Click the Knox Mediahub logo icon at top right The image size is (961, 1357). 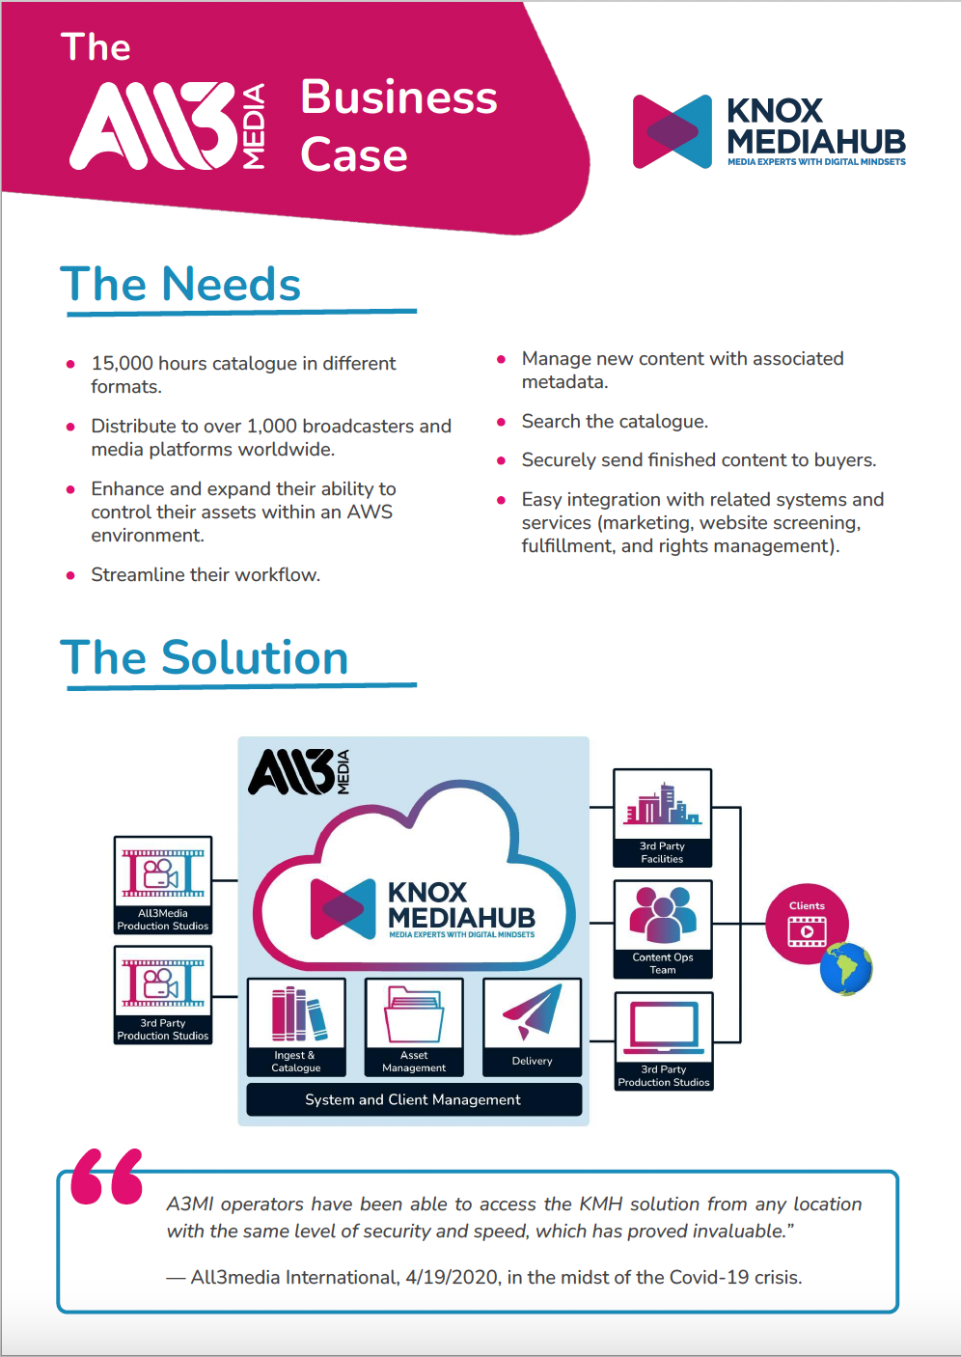(x=673, y=131)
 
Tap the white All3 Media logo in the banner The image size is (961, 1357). (x=168, y=126)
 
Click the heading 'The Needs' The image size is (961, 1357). (x=180, y=284)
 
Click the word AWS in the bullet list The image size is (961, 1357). (x=370, y=512)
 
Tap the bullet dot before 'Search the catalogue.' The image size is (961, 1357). (x=501, y=422)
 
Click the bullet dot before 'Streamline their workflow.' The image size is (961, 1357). (x=70, y=575)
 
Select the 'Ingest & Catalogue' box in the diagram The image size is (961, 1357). (x=296, y=1026)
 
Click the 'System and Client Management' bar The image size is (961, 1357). (x=414, y=1099)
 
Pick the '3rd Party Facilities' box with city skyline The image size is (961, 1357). (x=663, y=817)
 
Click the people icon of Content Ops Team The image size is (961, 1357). (x=663, y=915)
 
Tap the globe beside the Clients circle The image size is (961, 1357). (x=846, y=969)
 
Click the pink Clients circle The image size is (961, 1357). (x=807, y=924)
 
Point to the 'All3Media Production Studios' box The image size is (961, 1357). (x=163, y=885)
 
